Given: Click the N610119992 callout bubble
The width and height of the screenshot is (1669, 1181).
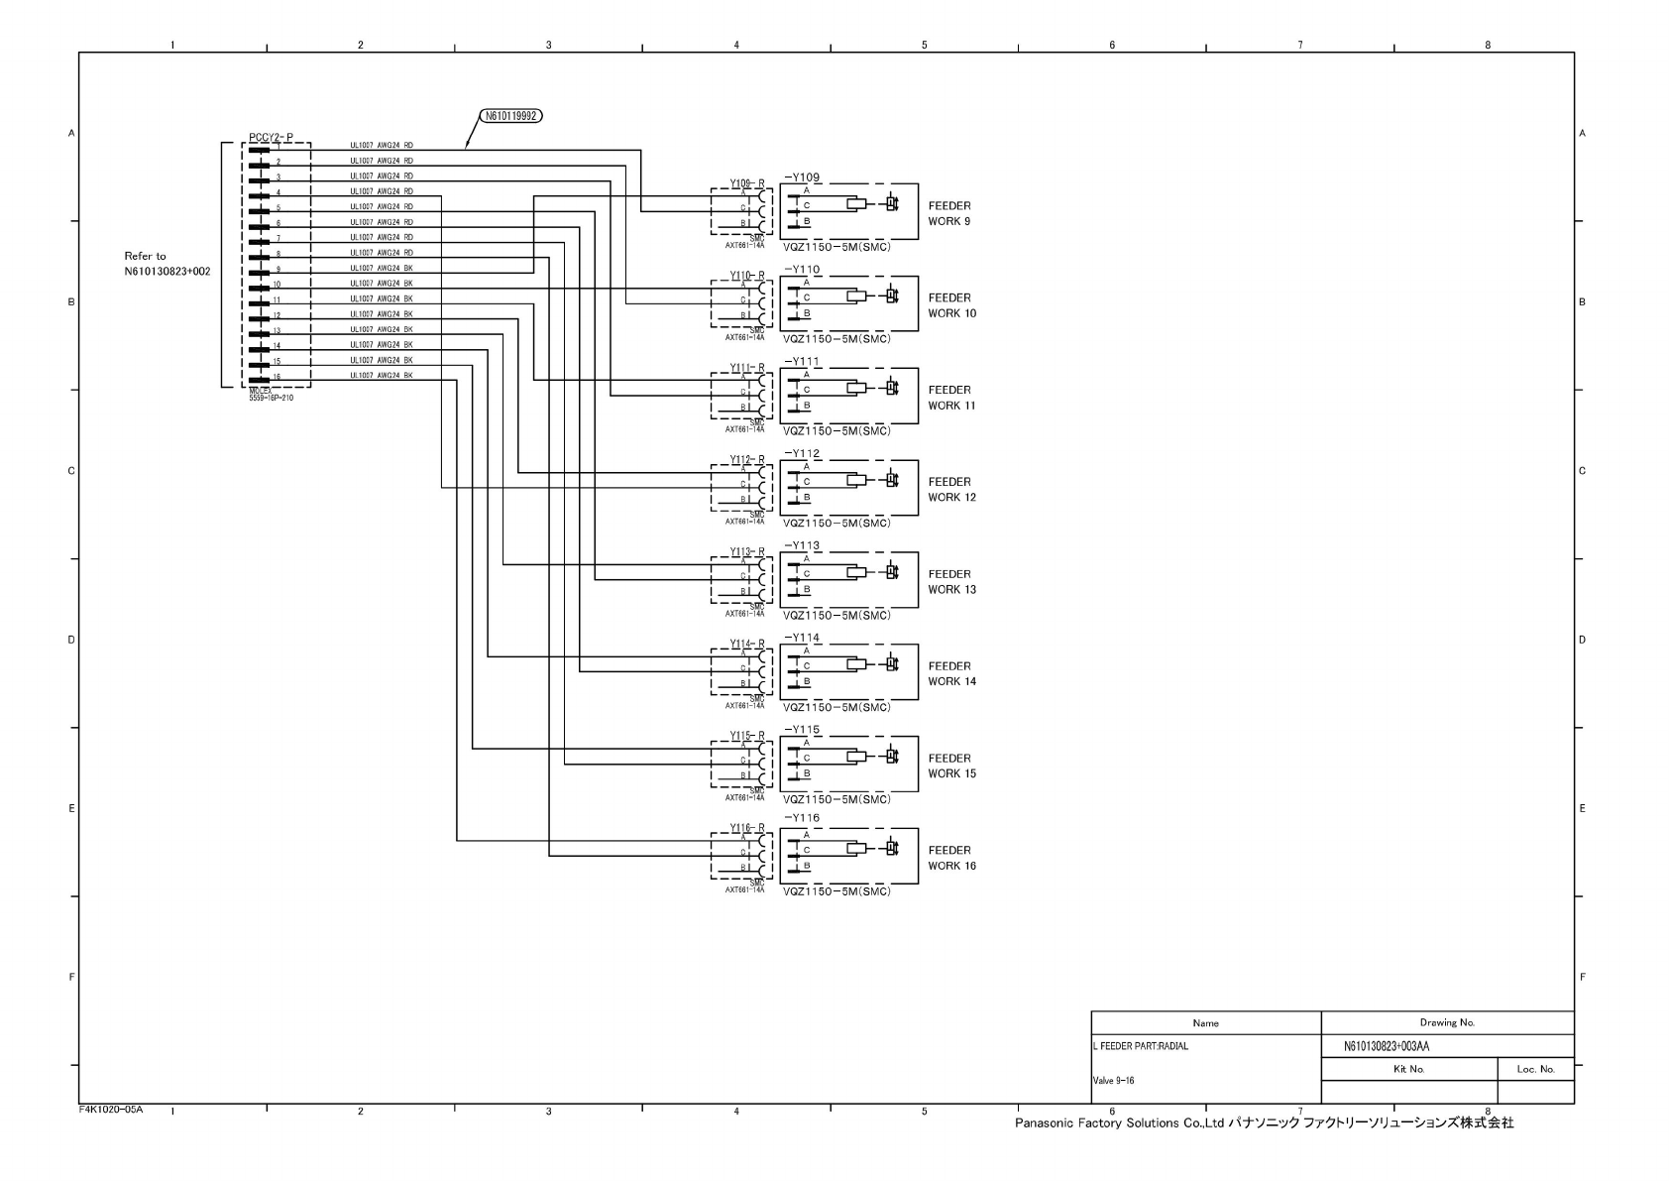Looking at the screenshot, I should tap(510, 116).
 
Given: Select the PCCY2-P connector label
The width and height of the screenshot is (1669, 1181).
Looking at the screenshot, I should tap(271, 137).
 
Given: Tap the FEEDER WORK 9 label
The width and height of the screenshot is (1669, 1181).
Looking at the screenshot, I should tap(949, 213).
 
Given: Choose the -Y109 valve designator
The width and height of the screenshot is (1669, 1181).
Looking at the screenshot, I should tap(802, 177).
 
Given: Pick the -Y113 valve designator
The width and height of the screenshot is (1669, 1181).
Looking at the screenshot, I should tap(802, 545).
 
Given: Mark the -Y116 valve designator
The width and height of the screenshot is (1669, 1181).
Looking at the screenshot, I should tap(802, 818).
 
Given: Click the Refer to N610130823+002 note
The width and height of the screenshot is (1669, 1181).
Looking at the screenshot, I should tap(167, 263).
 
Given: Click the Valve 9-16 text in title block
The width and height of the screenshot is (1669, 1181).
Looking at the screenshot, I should tap(1114, 1081).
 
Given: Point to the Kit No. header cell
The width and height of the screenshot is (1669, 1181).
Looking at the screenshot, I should tap(1408, 1069).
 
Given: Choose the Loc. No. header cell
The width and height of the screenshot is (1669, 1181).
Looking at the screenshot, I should tap(1535, 1069).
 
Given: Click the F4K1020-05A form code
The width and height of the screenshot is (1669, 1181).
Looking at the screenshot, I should tap(111, 1110).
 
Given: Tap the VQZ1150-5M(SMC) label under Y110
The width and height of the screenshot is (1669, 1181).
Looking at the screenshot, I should tap(836, 339).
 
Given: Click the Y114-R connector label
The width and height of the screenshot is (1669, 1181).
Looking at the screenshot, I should tap(747, 644).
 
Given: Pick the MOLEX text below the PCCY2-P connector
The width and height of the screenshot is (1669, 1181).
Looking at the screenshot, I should tap(261, 391).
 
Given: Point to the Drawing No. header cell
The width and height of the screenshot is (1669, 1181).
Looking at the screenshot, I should tap(1447, 1022).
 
